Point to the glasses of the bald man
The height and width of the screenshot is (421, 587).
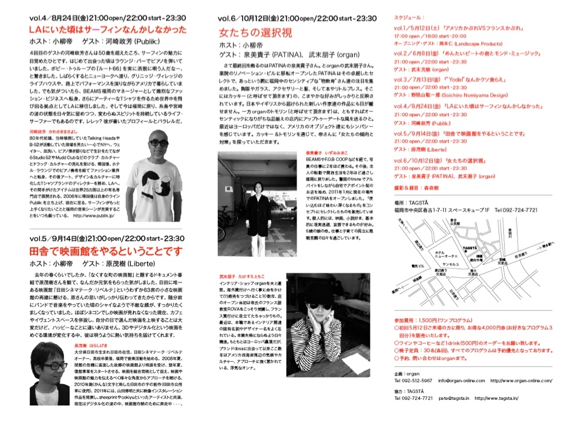pyautogui.click(x=157, y=143)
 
